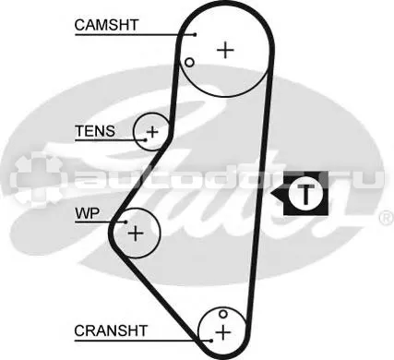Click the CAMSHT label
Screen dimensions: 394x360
[106, 25]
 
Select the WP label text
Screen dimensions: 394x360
[88, 213]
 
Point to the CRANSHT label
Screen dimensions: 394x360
[111, 330]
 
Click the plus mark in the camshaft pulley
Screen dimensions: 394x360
[225, 50]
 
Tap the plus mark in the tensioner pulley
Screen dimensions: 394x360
[152, 132]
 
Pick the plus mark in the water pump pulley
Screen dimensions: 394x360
[136, 233]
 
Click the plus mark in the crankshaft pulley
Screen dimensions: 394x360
[223, 332]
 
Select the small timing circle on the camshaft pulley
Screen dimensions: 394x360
[189, 63]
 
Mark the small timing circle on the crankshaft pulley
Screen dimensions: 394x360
[223, 314]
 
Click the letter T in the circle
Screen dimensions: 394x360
[305, 194]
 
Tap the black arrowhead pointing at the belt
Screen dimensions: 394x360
[278, 194]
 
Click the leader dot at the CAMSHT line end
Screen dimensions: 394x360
[195, 35]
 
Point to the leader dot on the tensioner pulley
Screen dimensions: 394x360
[146, 140]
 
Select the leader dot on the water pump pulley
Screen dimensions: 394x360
[125, 222]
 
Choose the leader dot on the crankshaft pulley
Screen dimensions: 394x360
[211, 341]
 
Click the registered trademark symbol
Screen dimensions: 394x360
[387, 218]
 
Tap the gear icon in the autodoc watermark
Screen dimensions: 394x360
[36, 179]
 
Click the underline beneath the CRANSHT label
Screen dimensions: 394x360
[143, 341]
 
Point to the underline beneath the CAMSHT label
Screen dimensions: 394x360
[135, 35]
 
